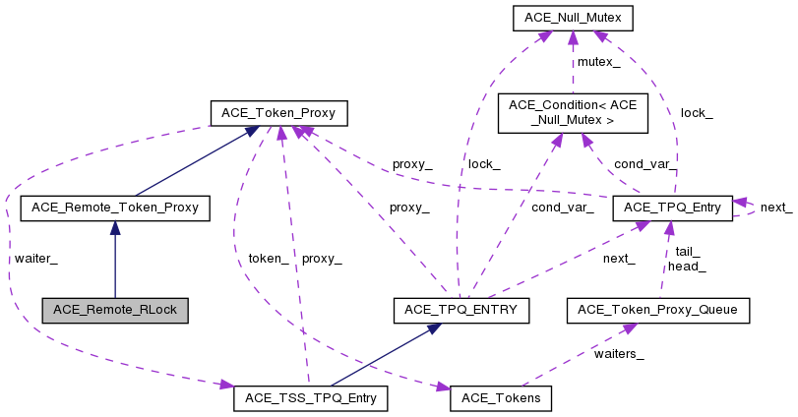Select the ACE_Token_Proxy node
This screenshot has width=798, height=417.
pyautogui.click(x=278, y=113)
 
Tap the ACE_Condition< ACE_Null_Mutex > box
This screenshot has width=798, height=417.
pyautogui.click(x=573, y=113)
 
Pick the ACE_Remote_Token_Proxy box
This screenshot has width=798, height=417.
pyautogui.click(x=115, y=208)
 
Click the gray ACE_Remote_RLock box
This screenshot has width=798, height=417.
pyautogui.click(x=115, y=310)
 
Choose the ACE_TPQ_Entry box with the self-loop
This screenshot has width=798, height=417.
pyautogui.click(x=672, y=208)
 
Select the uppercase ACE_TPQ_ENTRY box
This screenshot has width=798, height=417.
pyautogui.click(x=461, y=310)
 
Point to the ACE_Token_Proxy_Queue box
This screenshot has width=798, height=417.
pyautogui.click(x=658, y=310)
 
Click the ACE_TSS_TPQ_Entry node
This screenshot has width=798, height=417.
pyautogui.click(x=311, y=398)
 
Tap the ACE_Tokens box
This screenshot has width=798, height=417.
pyautogui.click(x=501, y=398)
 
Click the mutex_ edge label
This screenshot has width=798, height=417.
pyautogui.click(x=598, y=62)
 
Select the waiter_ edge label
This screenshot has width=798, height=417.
pyautogui.click(x=36, y=259)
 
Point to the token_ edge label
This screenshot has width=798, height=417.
pyautogui.click(x=268, y=259)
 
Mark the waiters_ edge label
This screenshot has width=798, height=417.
pyautogui.click(x=618, y=354)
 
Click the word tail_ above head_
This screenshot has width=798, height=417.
pyautogui.click(x=688, y=252)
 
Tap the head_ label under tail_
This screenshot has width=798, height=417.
pyautogui.click(x=688, y=266)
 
